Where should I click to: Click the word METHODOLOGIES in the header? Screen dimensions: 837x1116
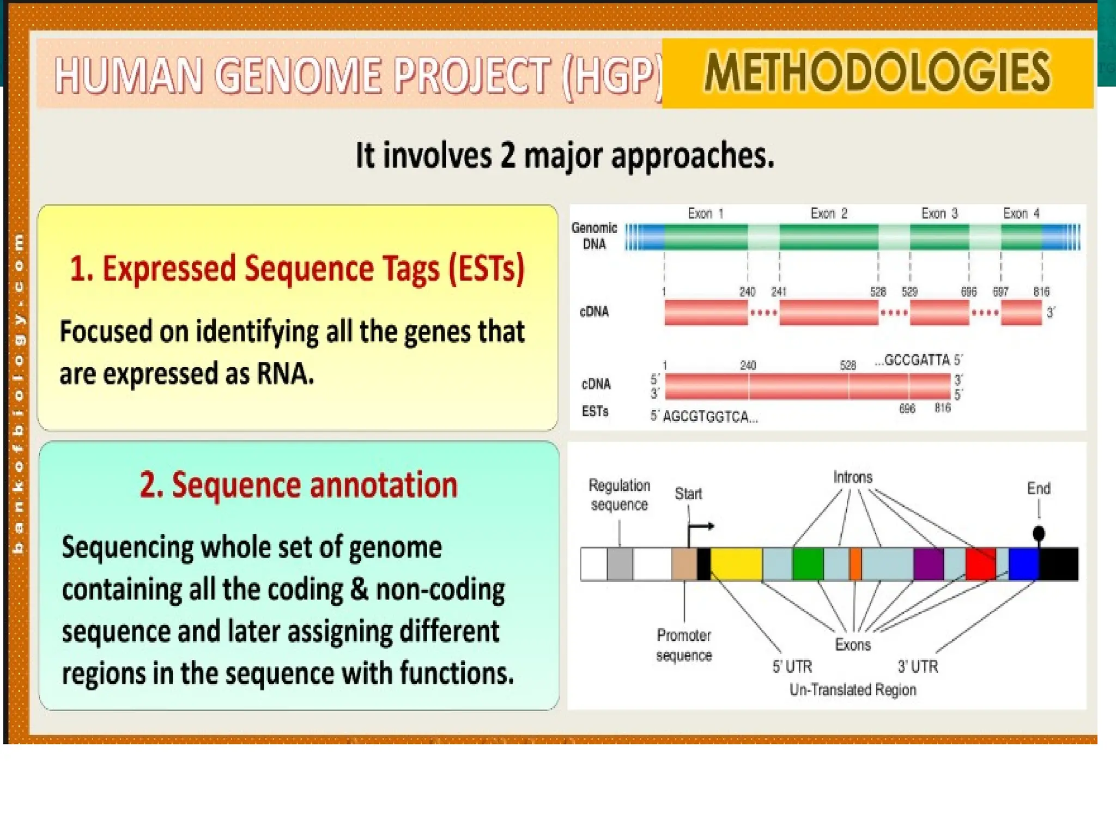[877, 72]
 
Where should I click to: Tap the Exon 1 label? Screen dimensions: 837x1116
[705, 214]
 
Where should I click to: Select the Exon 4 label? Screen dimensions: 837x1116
[1021, 214]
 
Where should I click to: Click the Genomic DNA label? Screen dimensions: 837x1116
[594, 235]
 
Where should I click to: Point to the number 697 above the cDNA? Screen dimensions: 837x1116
[1000, 292]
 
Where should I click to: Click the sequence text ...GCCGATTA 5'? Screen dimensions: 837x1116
[919, 360]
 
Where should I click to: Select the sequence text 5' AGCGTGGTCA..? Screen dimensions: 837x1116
[704, 417]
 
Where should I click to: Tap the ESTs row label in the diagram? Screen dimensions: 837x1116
[595, 411]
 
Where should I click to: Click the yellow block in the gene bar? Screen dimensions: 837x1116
[736, 564]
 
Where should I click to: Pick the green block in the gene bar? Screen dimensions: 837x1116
[808, 564]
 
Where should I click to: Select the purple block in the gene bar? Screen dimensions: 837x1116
[928, 564]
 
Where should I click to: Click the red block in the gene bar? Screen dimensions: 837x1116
[980, 564]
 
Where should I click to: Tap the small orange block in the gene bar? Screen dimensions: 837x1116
[856, 564]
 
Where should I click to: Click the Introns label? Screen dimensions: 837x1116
[853, 477]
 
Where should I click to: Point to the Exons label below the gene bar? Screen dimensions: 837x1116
[853, 645]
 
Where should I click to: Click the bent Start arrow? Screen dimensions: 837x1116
[701, 527]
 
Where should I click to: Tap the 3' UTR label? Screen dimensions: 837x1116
[918, 666]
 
